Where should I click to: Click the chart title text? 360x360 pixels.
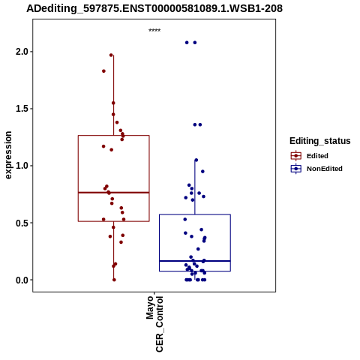[154, 8]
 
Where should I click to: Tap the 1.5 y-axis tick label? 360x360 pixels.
[21, 109]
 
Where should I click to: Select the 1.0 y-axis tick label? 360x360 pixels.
[21, 166]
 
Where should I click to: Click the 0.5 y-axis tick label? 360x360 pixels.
[21, 223]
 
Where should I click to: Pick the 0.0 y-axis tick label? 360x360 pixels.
[21, 280]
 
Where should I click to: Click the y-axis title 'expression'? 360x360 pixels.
[8, 155]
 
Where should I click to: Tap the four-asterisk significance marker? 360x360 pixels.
[154, 31]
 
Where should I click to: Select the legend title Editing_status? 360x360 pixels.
[320, 141]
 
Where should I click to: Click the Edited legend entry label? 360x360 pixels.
[317, 156]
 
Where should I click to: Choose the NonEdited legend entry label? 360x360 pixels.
[325, 169]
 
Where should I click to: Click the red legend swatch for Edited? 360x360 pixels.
[296, 156]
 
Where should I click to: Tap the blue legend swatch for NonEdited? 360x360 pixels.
[296, 169]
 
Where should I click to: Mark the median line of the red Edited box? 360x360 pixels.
[114, 193]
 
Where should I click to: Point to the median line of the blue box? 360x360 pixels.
[195, 261]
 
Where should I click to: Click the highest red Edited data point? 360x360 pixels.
[111, 55]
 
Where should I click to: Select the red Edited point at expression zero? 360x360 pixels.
[114, 280]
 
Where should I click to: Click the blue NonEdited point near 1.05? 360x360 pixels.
[196, 160]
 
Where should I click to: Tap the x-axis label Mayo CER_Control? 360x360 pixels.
[154, 324]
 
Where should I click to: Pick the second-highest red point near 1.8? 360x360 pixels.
[103, 71]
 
